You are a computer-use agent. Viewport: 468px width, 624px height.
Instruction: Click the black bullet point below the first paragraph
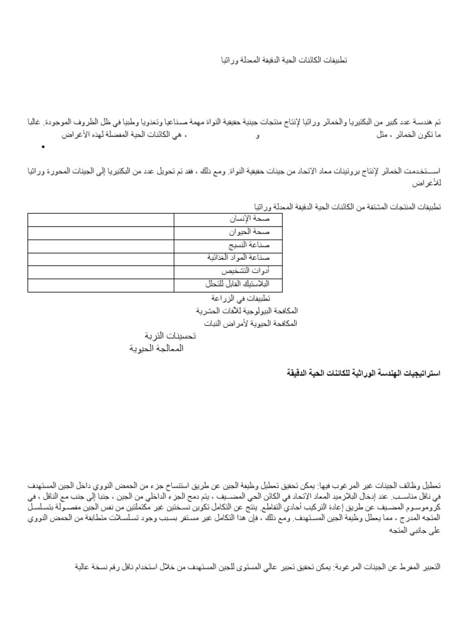43,147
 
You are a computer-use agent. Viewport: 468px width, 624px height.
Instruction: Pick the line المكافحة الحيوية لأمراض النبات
247,324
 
